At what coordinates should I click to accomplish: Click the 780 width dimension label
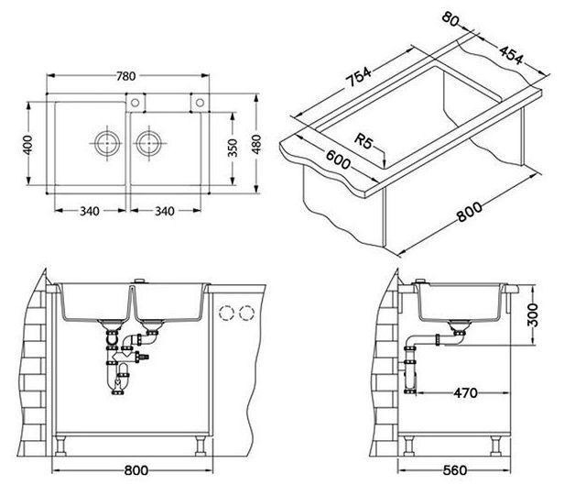coord(126,76)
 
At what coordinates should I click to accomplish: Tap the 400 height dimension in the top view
coord(27,145)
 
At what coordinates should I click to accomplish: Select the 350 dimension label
coord(233,148)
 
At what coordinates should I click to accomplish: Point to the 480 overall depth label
coord(256,144)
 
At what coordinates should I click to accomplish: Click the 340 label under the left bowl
coord(89,211)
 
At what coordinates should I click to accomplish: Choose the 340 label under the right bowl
coord(165,211)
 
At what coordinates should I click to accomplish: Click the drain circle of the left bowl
coord(107,143)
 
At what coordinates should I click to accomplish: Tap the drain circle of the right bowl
coord(149,143)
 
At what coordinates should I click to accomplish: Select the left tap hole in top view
coord(135,103)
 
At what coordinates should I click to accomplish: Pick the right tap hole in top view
coord(200,103)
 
